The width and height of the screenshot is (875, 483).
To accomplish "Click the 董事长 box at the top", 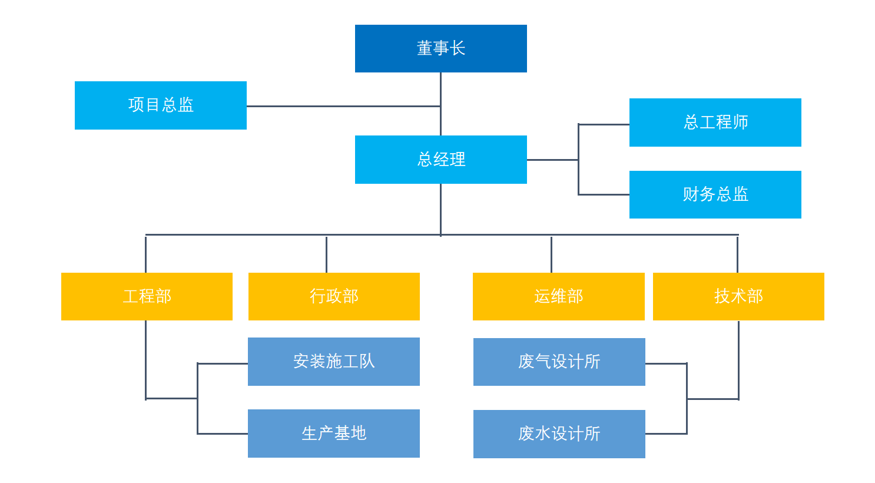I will [x=440, y=48].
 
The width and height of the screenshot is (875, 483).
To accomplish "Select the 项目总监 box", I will [x=160, y=105].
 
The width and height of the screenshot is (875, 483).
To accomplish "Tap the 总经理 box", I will [x=440, y=160].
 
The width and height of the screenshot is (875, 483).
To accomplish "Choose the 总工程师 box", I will [x=715, y=123].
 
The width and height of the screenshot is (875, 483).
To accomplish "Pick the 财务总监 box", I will [x=715, y=194].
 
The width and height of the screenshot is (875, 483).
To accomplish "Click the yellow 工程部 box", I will [x=147, y=296].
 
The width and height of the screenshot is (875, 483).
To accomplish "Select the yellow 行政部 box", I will [x=334, y=296].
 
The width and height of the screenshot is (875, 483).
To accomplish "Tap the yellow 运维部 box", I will [x=558, y=296].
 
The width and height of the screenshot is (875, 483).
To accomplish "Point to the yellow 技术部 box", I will [x=738, y=296].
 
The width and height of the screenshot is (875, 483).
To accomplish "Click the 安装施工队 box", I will [x=334, y=362].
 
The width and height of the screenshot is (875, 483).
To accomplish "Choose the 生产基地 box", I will [x=334, y=434].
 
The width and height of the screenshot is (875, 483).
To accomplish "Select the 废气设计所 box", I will [x=559, y=362].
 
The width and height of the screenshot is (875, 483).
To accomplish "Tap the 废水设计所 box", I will [x=559, y=434].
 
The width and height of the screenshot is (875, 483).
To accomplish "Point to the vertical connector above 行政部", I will [x=326, y=254].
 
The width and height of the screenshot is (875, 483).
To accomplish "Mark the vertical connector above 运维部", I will [x=551, y=254].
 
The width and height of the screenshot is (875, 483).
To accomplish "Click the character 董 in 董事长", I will [x=425, y=48].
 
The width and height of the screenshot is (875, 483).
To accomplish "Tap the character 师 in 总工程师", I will [x=740, y=123].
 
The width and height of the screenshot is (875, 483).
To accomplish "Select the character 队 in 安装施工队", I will [x=367, y=362].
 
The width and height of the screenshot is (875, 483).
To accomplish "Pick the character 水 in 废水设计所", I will [x=542, y=434].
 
